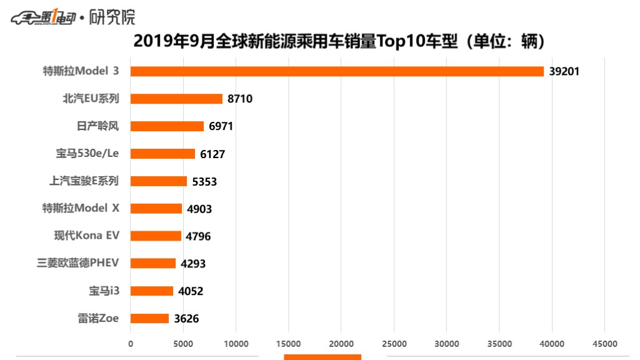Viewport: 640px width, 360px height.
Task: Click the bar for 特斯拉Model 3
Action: pyautogui.click(x=337, y=71)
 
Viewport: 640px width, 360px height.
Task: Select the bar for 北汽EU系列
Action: pyautogui.click(x=176, y=99)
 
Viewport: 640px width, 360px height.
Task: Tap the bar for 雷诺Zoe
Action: pyautogui.click(x=149, y=318)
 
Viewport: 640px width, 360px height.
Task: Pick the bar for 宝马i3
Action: pyautogui.click(x=152, y=291)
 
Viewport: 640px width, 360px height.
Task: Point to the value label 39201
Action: pyautogui.click(x=564, y=71)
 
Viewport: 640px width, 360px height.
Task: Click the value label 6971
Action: pyautogui.click(x=221, y=126)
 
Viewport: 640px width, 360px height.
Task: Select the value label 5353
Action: pyautogui.click(x=204, y=181)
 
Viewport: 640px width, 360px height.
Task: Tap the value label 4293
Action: pyautogui.click(x=193, y=264)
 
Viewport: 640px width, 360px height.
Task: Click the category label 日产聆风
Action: pyautogui.click(x=97, y=126)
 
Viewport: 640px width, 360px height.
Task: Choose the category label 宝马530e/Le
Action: pyautogui.click(x=87, y=153)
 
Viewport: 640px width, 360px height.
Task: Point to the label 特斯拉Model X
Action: pyautogui.click(x=80, y=208)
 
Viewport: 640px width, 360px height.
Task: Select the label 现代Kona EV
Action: pyautogui.click(x=86, y=236)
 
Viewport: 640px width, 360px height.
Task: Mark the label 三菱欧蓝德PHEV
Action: pyautogui.click(x=78, y=263)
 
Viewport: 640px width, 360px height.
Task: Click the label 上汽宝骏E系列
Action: pyautogui.click(x=84, y=181)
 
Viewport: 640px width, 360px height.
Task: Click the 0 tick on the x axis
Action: pyautogui.click(x=131, y=344)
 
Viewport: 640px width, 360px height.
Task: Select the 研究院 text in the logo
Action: pyautogui.click(x=112, y=17)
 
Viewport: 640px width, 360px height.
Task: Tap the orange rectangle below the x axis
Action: pyautogui.click(x=322, y=357)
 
